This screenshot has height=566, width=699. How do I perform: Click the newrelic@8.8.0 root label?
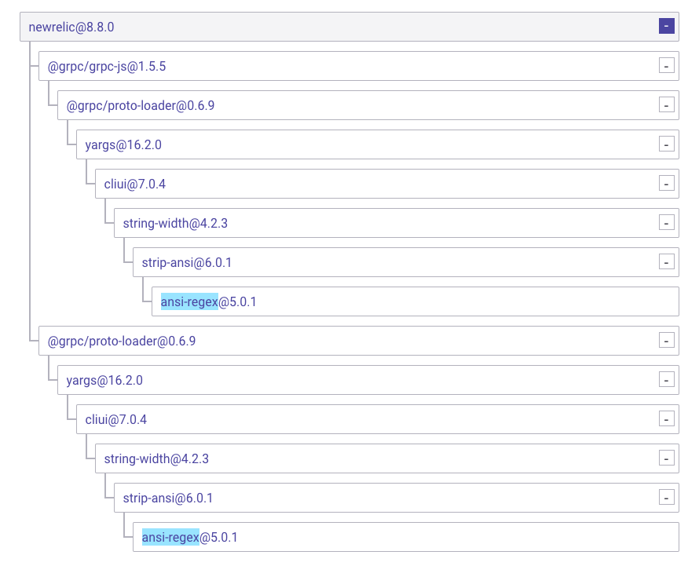click(71, 27)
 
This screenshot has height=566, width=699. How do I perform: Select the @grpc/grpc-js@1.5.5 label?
click(107, 66)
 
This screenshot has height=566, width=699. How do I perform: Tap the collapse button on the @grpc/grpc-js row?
click(667, 66)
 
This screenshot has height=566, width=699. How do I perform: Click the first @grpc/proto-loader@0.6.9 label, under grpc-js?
click(141, 105)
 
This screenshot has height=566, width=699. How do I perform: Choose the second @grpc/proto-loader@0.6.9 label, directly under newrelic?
click(122, 341)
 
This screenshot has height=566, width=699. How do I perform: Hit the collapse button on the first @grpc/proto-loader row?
click(667, 105)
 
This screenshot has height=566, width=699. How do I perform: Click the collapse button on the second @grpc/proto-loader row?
click(667, 341)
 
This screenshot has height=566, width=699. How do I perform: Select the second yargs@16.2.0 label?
click(104, 380)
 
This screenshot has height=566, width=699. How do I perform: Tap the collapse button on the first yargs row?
click(667, 144)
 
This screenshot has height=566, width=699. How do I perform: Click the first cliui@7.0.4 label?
click(135, 184)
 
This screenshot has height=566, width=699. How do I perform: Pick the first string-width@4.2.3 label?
click(175, 223)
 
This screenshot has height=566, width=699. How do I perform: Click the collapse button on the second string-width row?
click(667, 458)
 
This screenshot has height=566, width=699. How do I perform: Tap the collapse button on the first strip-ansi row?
click(667, 262)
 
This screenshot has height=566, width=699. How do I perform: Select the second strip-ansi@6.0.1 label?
click(168, 498)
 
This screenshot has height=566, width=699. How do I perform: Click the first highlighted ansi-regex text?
click(189, 301)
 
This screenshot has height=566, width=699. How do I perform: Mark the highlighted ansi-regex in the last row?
click(170, 537)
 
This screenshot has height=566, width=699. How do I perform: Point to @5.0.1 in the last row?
click(218, 537)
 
